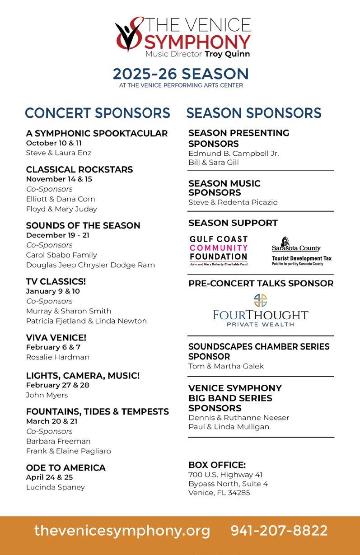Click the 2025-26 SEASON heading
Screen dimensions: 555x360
(x=181, y=74)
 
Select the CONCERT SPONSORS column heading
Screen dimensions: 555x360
(x=98, y=113)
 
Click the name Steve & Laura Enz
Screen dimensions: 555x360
(x=58, y=153)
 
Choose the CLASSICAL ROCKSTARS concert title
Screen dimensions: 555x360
(x=79, y=169)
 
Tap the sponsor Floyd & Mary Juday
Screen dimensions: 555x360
(x=61, y=209)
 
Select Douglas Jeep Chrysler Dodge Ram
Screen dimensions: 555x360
(x=90, y=265)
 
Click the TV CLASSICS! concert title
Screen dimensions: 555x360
(x=56, y=281)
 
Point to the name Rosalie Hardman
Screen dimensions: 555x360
(x=57, y=357)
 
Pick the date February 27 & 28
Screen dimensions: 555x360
(x=57, y=385)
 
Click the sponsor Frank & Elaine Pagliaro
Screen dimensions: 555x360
(x=68, y=451)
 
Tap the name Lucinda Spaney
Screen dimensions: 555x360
(x=55, y=487)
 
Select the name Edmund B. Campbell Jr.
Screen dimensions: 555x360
(x=234, y=153)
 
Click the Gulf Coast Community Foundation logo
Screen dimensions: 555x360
(x=219, y=250)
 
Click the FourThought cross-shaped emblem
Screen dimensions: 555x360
(x=261, y=300)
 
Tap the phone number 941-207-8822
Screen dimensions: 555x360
(x=279, y=531)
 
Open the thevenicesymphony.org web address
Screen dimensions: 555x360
(x=122, y=531)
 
